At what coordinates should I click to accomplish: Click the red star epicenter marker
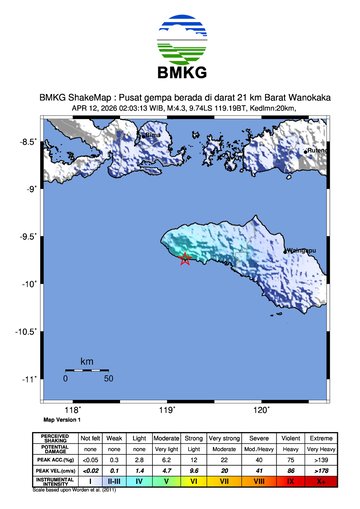pyautogui.click(x=185, y=260)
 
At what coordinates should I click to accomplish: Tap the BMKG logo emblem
pyautogui.click(x=180, y=39)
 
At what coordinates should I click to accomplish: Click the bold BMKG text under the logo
pyautogui.click(x=180, y=75)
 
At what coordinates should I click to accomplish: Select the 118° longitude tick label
pyautogui.click(x=72, y=409)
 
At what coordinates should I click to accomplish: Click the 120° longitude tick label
pyautogui.click(x=262, y=409)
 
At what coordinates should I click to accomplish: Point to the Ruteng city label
pyautogui.click(x=317, y=151)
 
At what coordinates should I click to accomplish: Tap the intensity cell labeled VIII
pyautogui.click(x=259, y=481)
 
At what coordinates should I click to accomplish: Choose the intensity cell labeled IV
pyautogui.click(x=142, y=481)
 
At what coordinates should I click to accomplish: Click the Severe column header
pyautogui.click(x=259, y=439)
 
